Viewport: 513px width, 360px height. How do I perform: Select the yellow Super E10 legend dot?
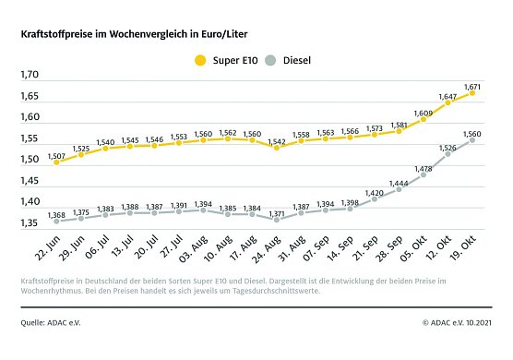pos(199,61)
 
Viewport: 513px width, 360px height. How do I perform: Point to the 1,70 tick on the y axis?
pos(30,75)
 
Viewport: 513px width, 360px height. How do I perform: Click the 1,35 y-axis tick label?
pos(30,223)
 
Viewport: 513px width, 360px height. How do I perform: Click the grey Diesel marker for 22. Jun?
pos(57,222)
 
